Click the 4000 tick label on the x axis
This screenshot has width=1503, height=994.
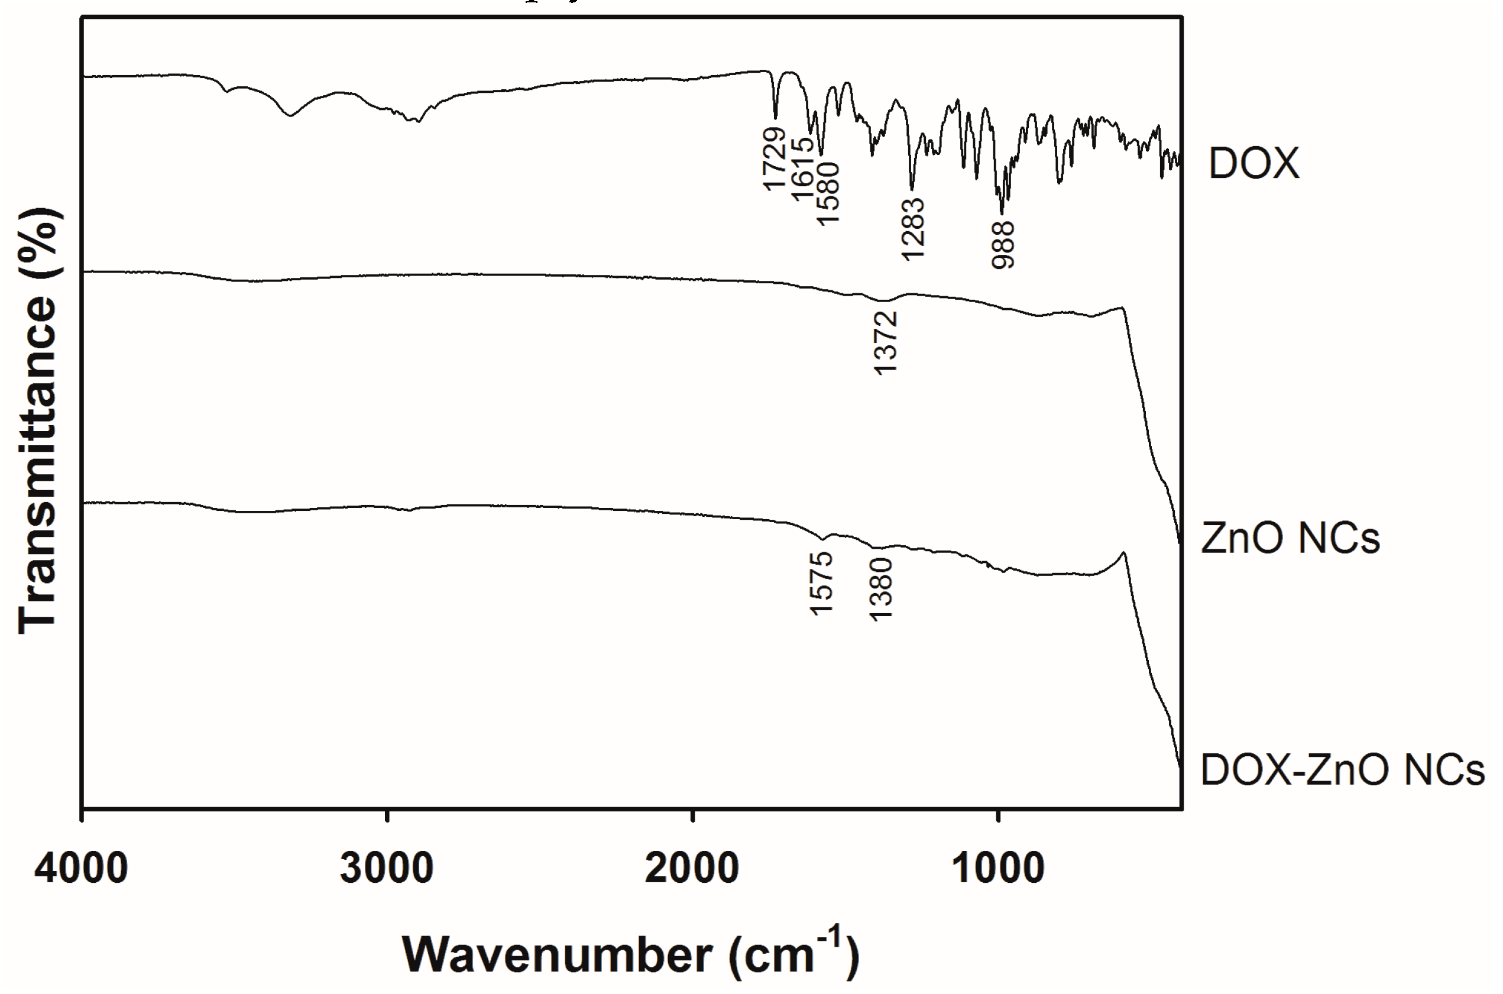(x=81, y=869)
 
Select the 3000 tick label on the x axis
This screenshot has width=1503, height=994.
(x=387, y=869)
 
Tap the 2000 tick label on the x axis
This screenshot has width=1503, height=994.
(x=692, y=869)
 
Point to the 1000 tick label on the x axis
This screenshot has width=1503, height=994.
(x=998, y=869)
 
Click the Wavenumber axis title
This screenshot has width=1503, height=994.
(x=631, y=956)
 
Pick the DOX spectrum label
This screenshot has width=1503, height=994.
(x=1254, y=164)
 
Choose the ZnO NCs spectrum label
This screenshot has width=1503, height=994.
(x=1290, y=538)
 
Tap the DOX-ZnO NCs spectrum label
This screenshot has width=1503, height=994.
(x=1343, y=770)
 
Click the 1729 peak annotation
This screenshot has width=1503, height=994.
(x=775, y=158)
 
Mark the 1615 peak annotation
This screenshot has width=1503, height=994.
(x=802, y=169)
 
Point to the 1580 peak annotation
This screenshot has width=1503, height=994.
(x=828, y=193)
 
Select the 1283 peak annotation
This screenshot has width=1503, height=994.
(x=914, y=229)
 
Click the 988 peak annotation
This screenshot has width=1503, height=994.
(x=1003, y=245)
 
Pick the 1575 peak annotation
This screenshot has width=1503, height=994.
(x=822, y=583)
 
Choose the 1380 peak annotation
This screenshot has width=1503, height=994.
(x=882, y=589)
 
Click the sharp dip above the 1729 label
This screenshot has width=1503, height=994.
(x=775, y=117)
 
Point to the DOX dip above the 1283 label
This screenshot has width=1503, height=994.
(x=912, y=189)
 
